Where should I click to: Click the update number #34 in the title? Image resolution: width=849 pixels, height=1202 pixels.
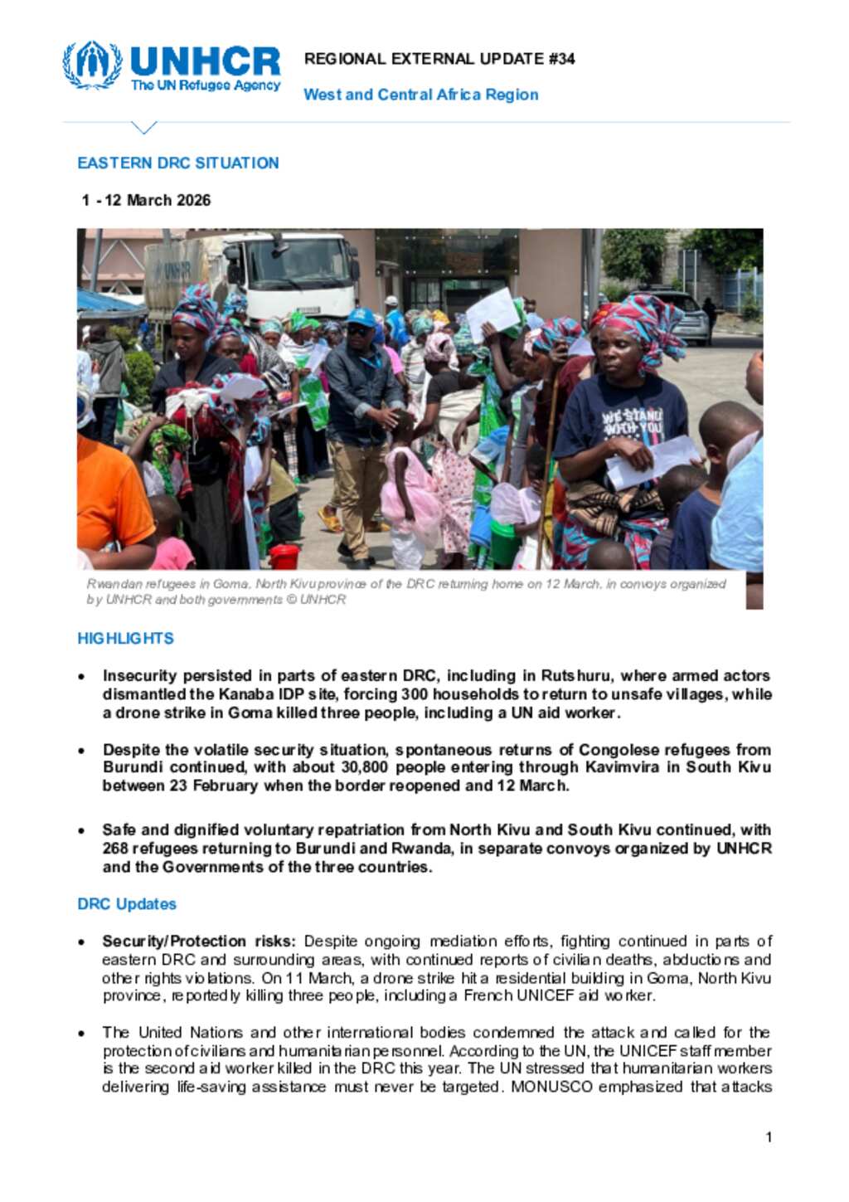pyautogui.click(x=561, y=59)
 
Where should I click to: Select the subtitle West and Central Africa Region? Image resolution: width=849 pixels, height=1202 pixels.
pyautogui.click(x=420, y=95)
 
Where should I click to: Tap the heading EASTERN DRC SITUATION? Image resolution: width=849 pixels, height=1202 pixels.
pyautogui.click(x=177, y=163)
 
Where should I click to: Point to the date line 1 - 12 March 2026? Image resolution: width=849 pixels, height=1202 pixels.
pyautogui.click(x=146, y=200)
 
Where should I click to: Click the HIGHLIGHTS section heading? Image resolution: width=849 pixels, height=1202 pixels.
pyautogui.click(x=125, y=639)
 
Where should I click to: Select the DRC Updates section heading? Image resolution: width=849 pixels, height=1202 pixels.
pyautogui.click(x=127, y=904)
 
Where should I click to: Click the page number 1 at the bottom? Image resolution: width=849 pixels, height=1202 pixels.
pyautogui.click(x=769, y=1137)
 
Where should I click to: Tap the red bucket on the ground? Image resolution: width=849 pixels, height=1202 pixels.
pyautogui.click(x=284, y=556)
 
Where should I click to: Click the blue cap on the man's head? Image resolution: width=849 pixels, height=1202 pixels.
pyautogui.click(x=361, y=317)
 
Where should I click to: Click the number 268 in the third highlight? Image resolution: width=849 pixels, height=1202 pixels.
pyautogui.click(x=115, y=849)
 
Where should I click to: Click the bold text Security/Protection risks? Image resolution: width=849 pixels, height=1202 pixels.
pyautogui.click(x=199, y=942)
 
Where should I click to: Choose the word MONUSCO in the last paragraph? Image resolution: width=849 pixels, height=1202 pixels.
pyautogui.click(x=552, y=1087)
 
